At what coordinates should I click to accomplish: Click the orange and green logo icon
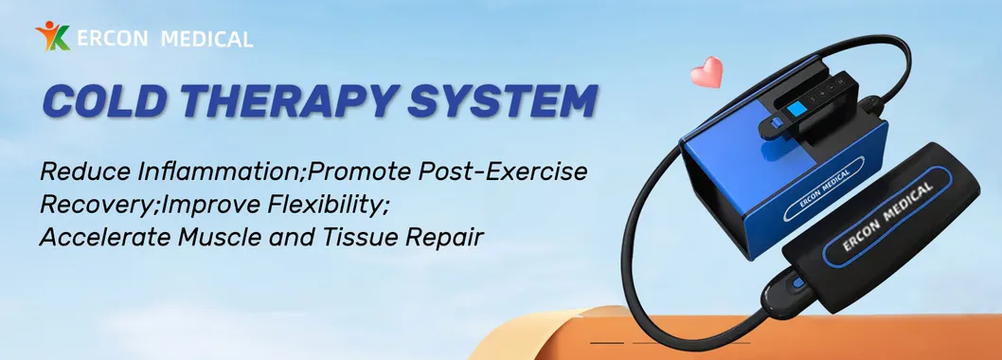(52, 35)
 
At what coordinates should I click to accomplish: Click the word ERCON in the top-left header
(113, 38)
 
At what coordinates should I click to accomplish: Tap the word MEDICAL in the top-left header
(207, 39)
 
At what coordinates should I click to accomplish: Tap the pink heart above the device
(707, 72)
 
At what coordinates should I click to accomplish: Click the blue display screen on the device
(796, 109)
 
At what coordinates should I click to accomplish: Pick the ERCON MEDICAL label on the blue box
(824, 189)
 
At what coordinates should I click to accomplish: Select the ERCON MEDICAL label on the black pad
(887, 217)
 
